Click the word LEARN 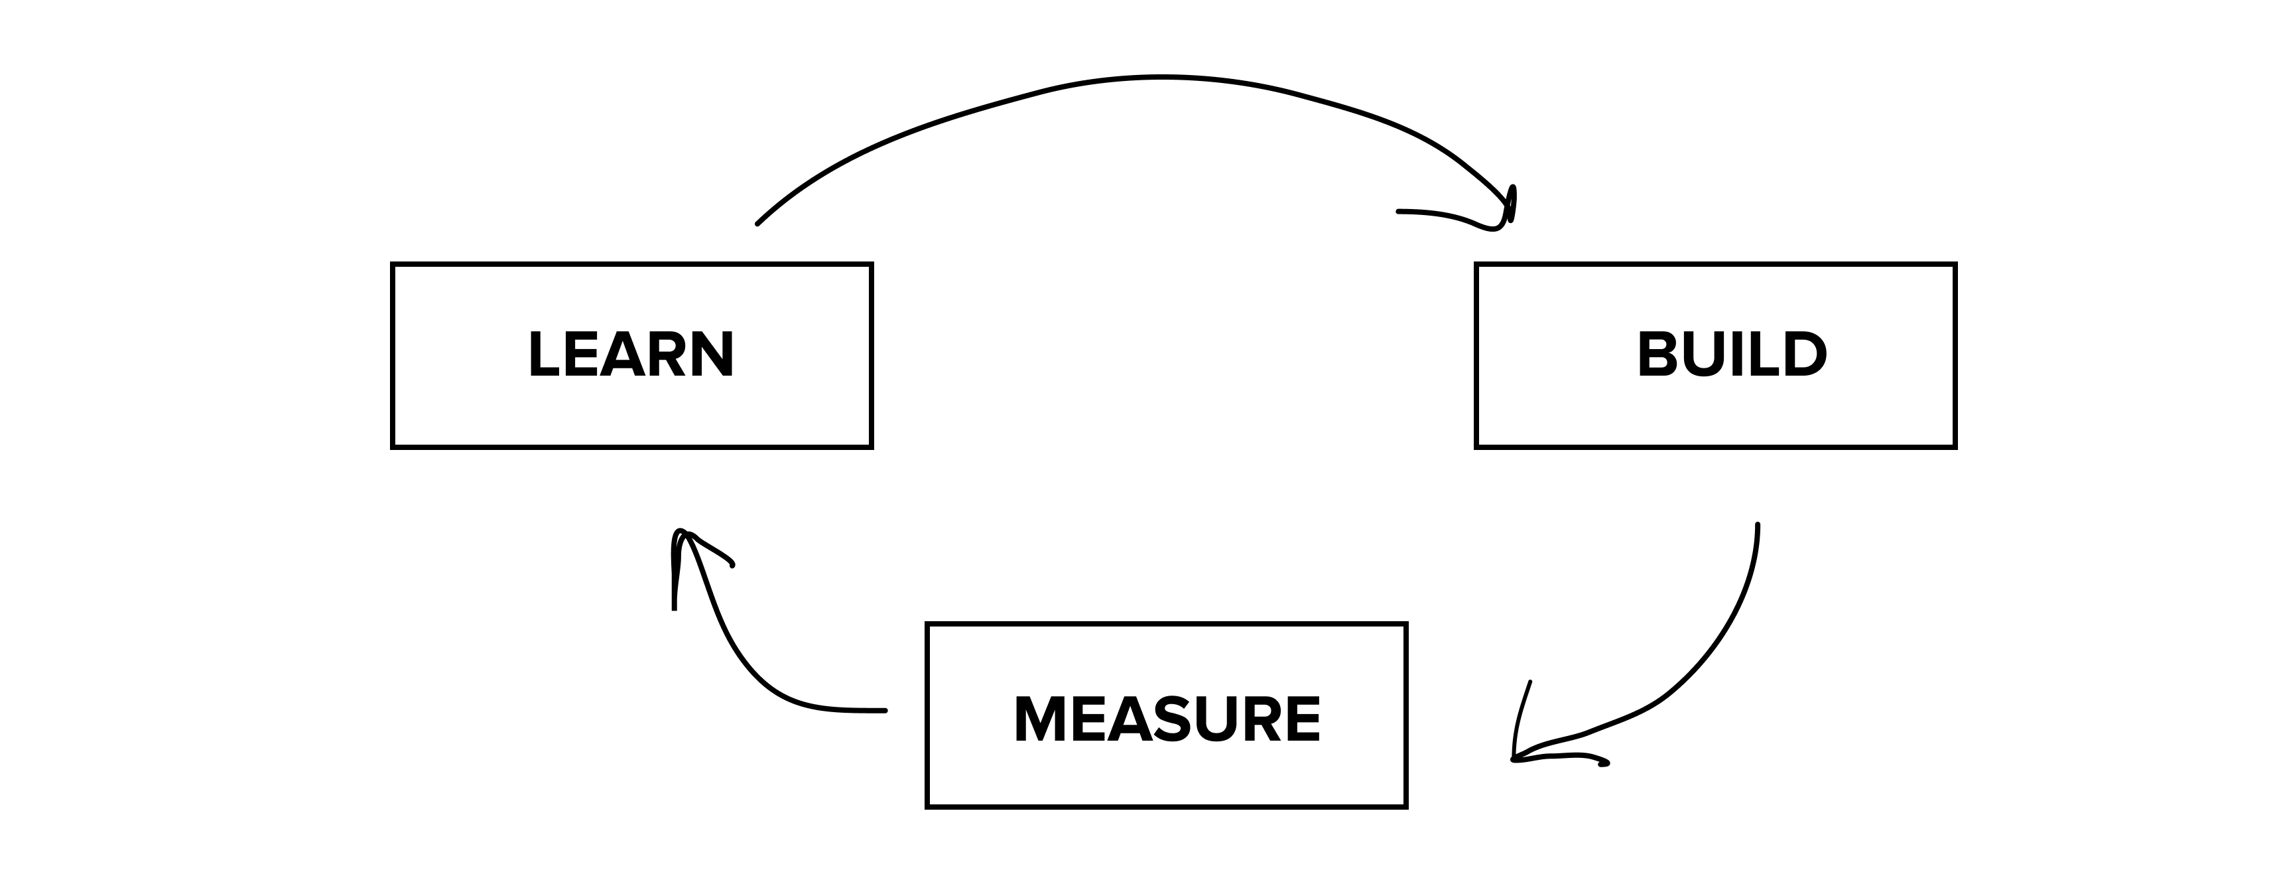631,354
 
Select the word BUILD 1732,354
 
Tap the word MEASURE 1167,719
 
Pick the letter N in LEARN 712,354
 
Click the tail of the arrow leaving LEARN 758,223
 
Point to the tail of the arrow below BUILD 1757,526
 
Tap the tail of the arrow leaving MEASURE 883,710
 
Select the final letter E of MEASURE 1301,719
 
